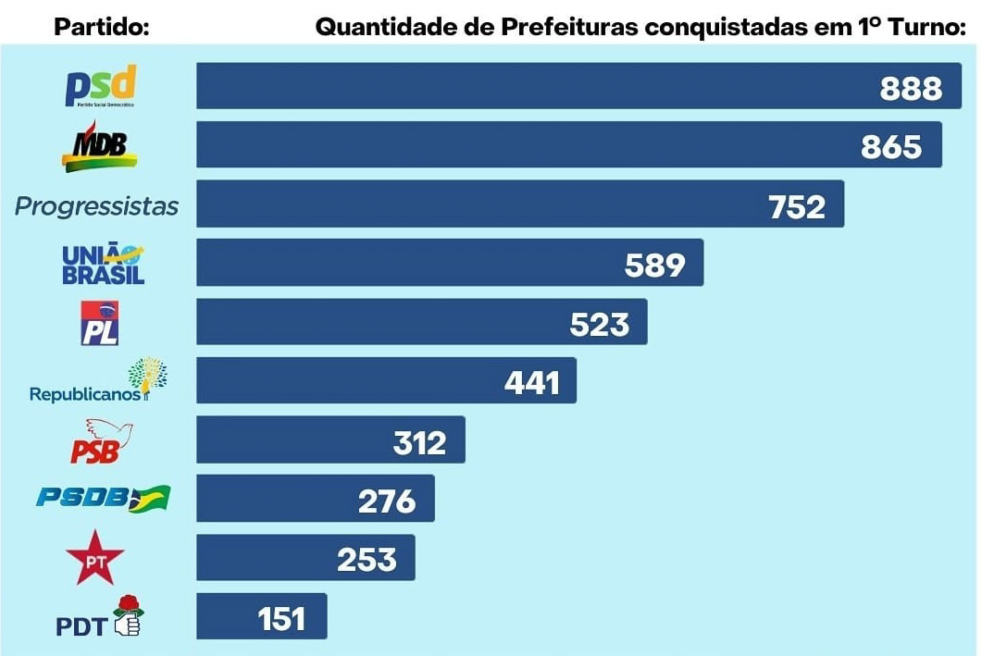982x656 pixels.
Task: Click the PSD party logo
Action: [100, 86]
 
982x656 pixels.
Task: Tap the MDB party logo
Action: [99, 147]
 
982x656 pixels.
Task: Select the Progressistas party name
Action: [96, 205]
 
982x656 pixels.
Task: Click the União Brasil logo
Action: [103, 264]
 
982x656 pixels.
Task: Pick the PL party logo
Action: [99, 323]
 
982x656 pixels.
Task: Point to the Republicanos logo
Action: [98, 382]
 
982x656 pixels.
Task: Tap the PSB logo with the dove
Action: [101, 441]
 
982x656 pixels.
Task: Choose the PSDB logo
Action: [103, 499]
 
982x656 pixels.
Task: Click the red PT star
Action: [94, 558]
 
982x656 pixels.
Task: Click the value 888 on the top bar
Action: [911, 88]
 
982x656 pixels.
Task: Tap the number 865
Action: [890, 146]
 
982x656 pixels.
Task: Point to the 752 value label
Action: [796, 206]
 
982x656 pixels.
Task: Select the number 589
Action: [654, 265]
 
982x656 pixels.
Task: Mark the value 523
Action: [599, 324]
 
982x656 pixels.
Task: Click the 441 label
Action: [531, 382]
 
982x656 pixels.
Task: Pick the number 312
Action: [419, 442]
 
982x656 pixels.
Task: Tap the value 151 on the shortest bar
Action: [280, 617]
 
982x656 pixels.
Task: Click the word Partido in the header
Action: [102, 26]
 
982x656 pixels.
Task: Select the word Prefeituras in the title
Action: [569, 26]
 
